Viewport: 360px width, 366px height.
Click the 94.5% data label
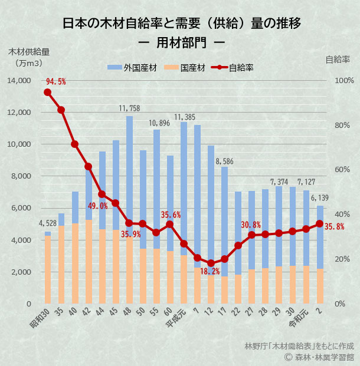coord(56,81)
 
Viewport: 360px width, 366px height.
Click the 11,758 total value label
coord(129,108)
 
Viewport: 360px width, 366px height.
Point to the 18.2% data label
coord(210,272)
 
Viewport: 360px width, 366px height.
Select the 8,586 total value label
coord(224,160)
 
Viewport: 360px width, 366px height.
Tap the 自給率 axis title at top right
coord(338,59)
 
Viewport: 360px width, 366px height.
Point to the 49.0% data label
coord(98,206)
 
